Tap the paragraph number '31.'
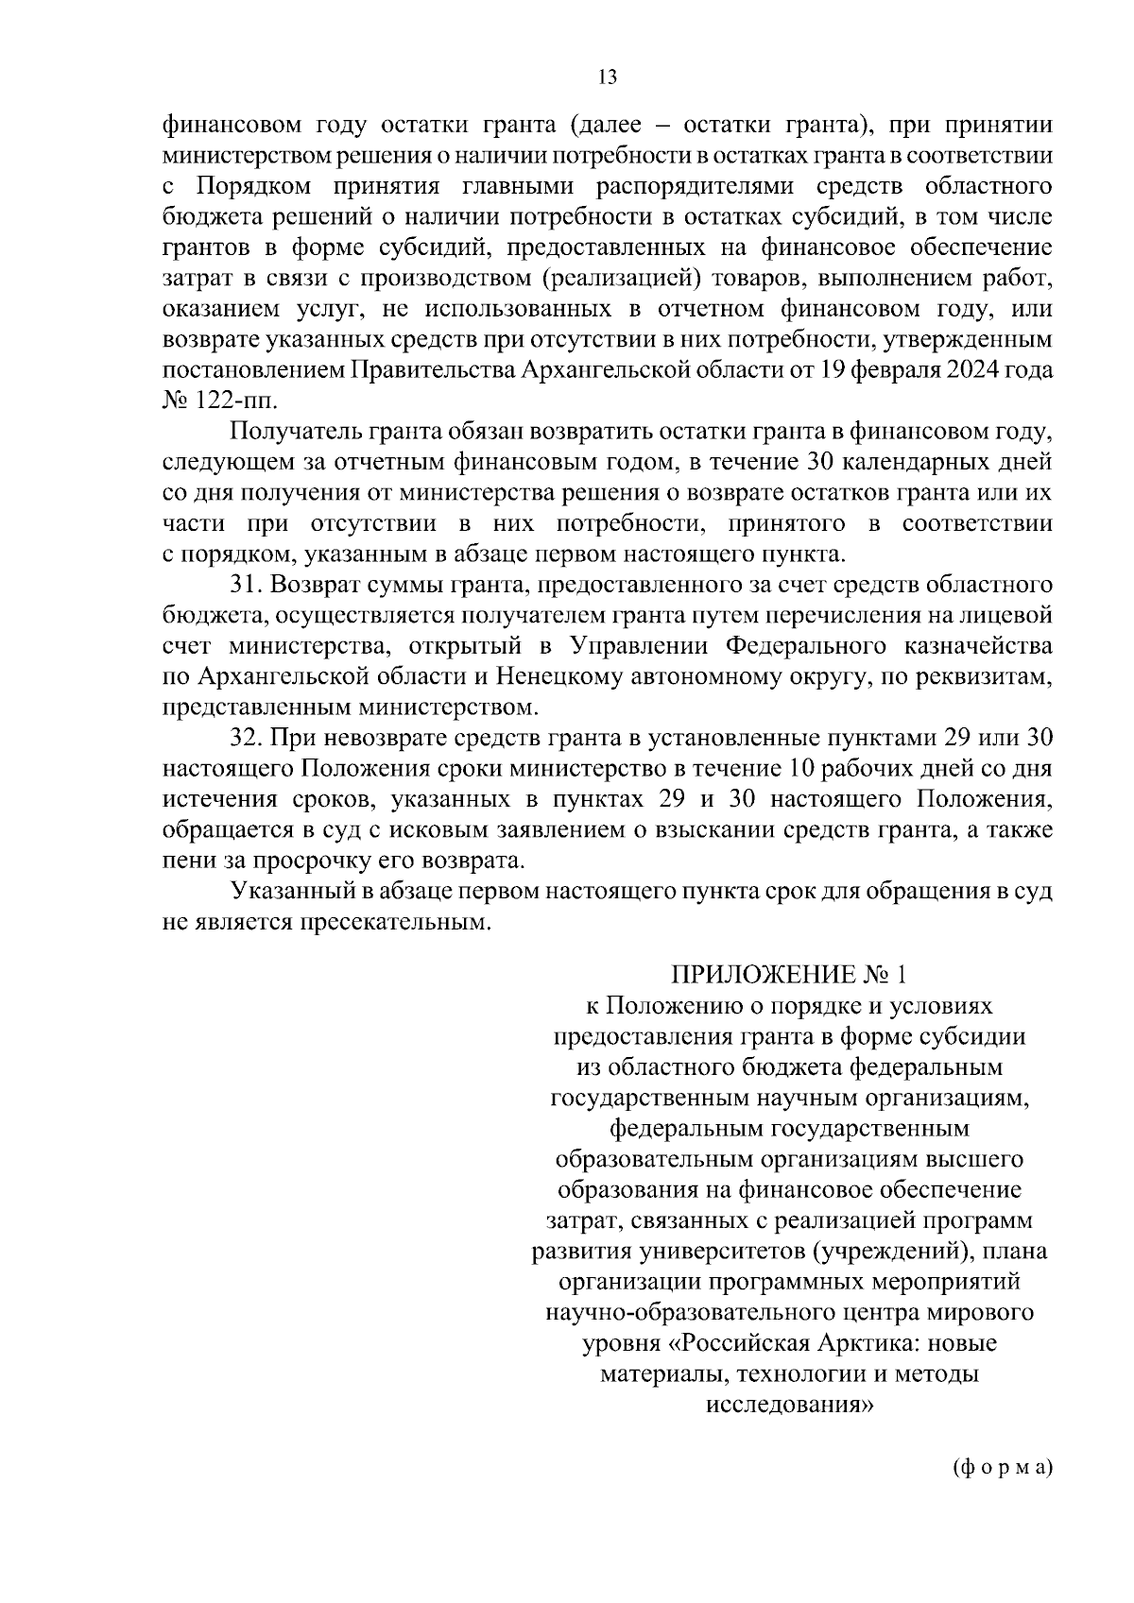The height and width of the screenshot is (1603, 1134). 247,586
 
